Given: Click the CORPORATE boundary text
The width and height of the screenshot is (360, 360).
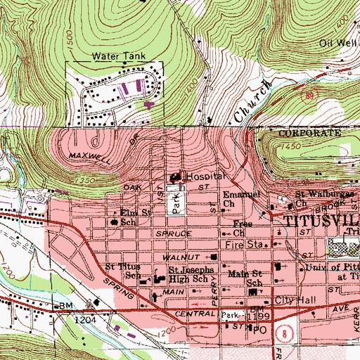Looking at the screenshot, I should (304, 133).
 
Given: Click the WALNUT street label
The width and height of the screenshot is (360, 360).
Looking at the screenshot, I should (181, 257).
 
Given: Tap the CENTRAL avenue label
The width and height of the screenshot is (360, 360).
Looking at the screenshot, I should (198, 313).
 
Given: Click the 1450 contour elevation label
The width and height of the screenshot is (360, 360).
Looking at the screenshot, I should (289, 145).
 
